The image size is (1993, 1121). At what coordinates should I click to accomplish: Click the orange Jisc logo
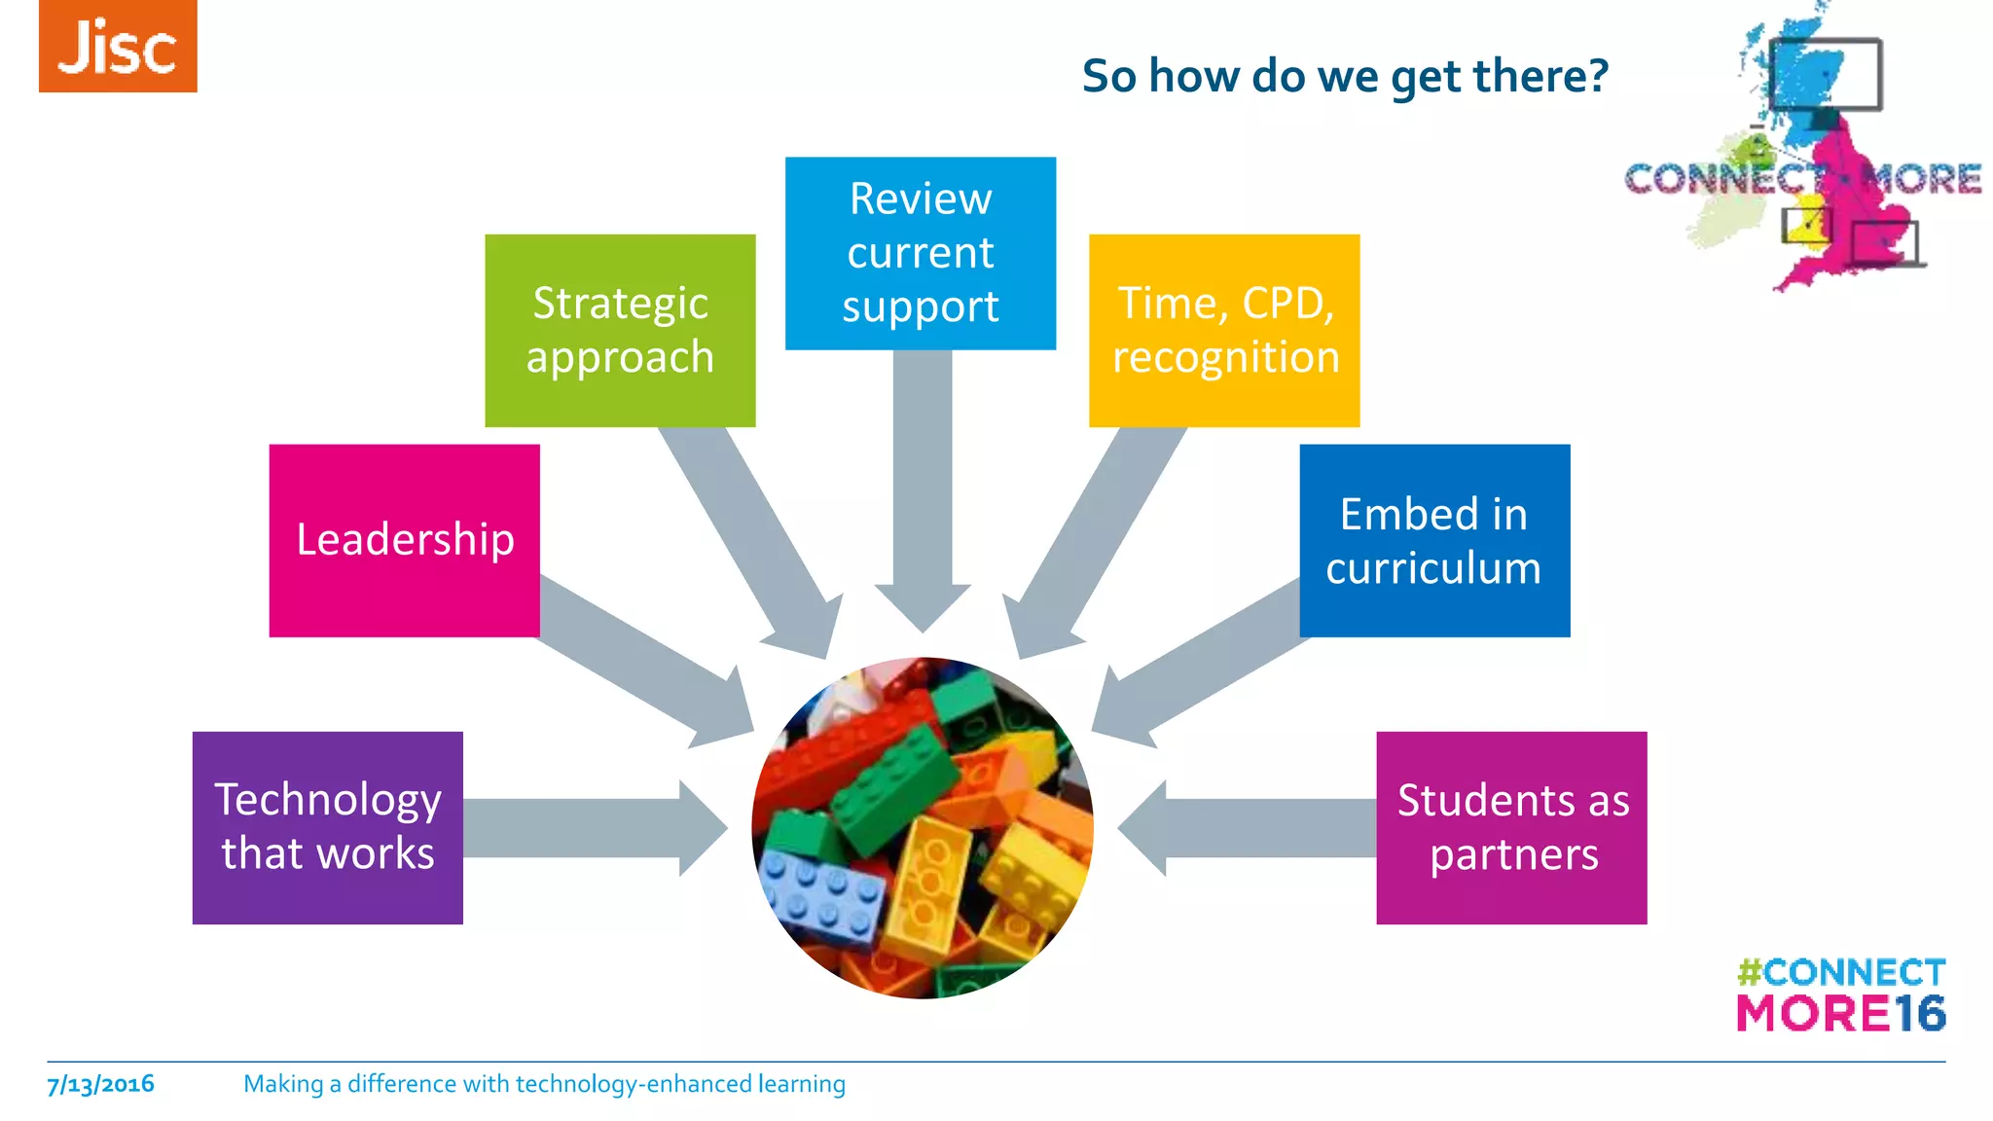(118, 46)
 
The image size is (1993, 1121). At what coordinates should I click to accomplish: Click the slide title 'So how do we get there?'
(1345, 76)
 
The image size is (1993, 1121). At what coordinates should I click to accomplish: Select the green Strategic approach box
(620, 330)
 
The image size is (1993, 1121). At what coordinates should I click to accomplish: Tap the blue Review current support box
(921, 253)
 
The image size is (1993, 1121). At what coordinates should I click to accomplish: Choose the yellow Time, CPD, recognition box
(1224, 330)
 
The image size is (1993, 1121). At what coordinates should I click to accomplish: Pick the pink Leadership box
(404, 540)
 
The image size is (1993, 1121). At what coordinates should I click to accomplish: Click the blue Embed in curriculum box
(1434, 540)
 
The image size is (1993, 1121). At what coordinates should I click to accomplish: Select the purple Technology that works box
(328, 827)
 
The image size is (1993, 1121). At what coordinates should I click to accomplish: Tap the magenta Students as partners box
(1511, 827)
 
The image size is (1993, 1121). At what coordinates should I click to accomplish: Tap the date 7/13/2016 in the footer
(100, 1084)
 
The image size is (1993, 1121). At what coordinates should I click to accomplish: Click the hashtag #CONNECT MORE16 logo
(1840, 994)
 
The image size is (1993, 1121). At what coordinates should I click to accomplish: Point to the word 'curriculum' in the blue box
(1433, 568)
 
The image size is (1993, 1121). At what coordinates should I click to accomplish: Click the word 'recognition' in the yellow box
(1225, 357)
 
